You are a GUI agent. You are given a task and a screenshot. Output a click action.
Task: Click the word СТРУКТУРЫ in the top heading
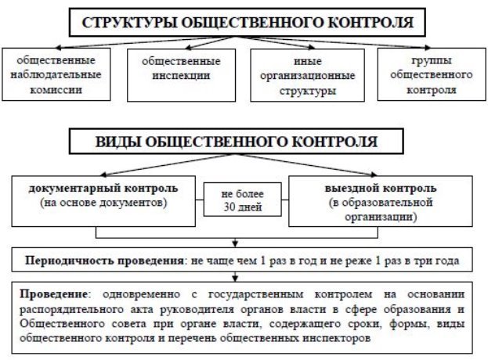pos(128,23)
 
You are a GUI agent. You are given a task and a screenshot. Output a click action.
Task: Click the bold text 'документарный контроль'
pos(103,189)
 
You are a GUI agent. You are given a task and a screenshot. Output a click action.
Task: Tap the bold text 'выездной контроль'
pos(381,189)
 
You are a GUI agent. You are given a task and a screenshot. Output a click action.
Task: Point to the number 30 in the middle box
pos(230,207)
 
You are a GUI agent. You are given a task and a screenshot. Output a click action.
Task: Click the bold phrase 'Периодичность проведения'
pos(104,261)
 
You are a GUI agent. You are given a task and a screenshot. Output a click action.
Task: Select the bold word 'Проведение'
pos(53,294)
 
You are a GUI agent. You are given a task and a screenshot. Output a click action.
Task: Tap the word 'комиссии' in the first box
pos(56,90)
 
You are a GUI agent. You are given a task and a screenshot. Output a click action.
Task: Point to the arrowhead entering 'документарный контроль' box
pos(103,175)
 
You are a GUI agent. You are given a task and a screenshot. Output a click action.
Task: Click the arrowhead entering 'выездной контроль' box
pos(374,174)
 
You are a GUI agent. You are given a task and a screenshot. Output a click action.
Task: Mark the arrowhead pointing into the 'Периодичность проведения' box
pos(235,244)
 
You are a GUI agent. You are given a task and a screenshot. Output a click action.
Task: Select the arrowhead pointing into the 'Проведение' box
pos(235,279)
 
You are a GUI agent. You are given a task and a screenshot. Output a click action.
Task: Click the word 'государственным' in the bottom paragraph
pos(255,294)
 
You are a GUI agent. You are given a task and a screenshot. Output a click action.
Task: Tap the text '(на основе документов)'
pos(103,203)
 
